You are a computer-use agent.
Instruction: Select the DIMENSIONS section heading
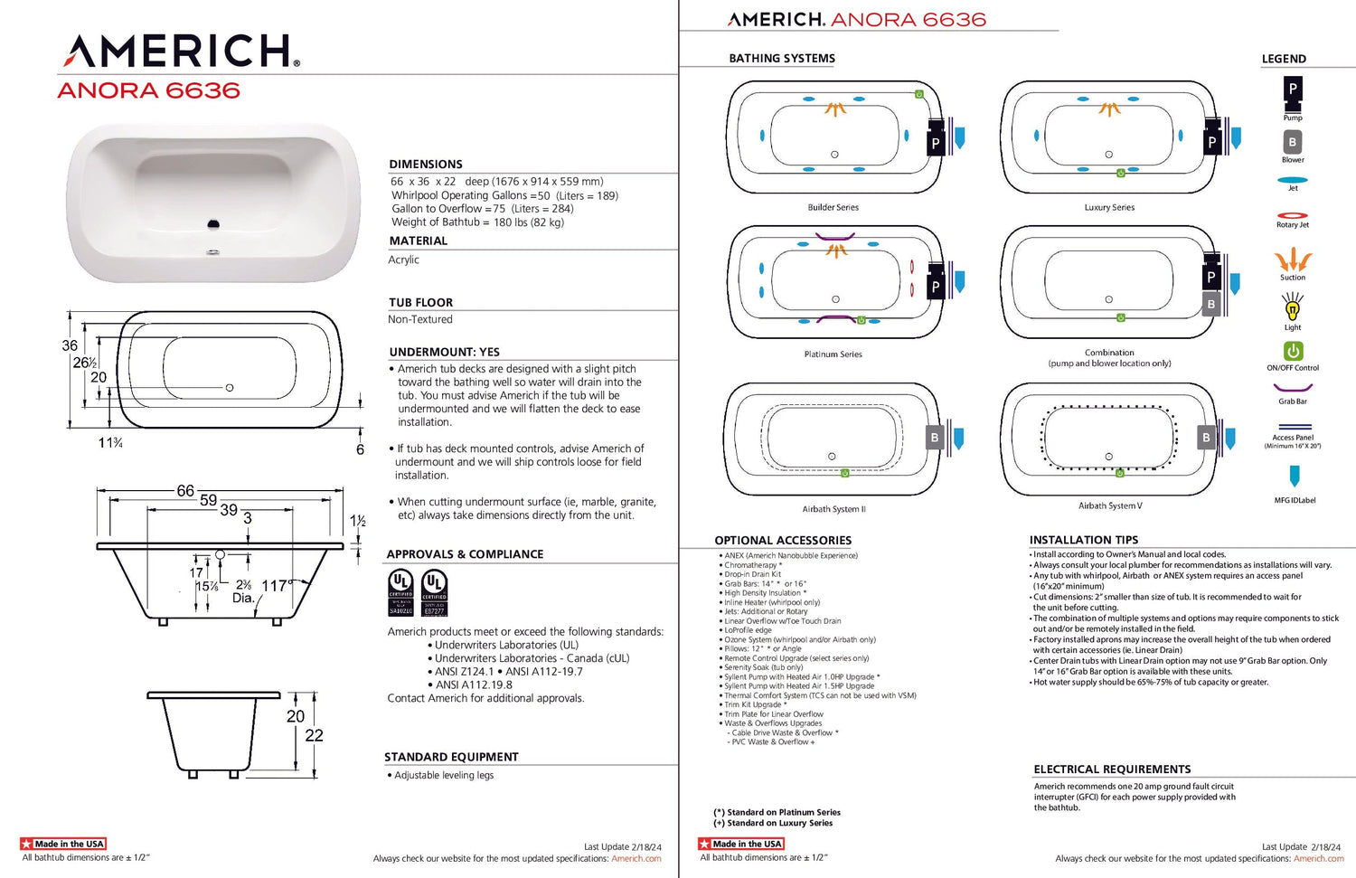(426, 165)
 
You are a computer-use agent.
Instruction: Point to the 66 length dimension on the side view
(185, 490)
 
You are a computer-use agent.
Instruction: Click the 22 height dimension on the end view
(314, 735)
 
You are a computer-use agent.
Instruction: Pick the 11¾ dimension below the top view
(110, 443)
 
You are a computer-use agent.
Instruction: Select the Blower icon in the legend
(1293, 143)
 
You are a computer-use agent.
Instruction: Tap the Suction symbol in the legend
(1293, 260)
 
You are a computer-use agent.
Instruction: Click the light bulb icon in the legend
(1293, 309)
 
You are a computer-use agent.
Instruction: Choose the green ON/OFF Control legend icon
(1293, 351)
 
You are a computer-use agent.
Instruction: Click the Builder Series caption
(833, 208)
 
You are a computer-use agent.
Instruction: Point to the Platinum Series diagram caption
(833, 354)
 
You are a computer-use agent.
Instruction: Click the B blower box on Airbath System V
(1205, 438)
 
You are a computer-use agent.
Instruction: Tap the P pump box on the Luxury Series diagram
(1211, 143)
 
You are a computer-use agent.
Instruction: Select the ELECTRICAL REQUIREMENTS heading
(1112, 769)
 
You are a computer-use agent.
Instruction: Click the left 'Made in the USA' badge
(63, 844)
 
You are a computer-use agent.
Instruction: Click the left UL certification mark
(400, 592)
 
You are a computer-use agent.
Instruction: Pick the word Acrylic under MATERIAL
(404, 260)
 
